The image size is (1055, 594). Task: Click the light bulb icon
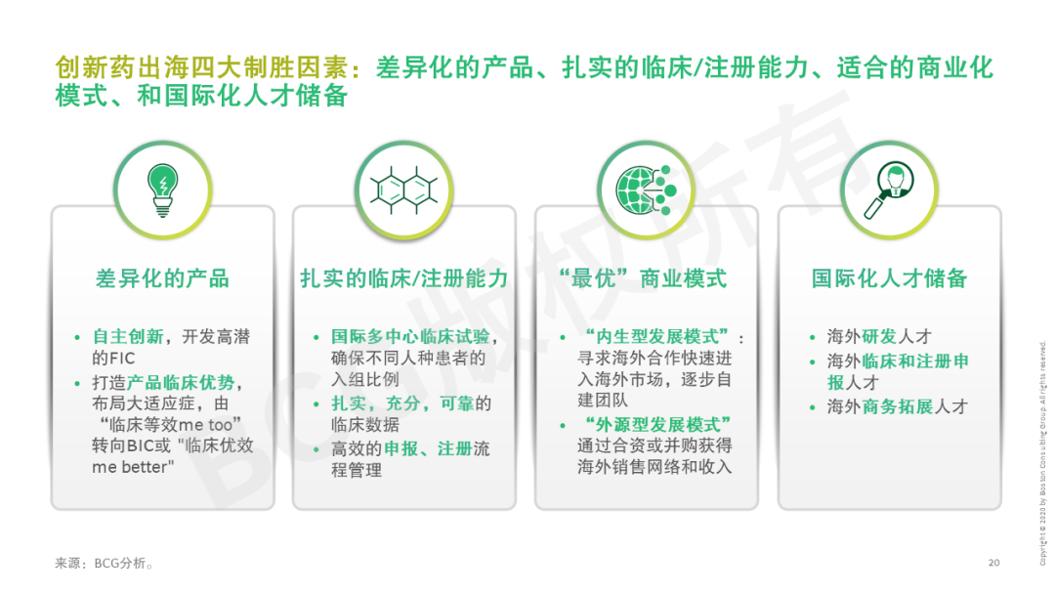click(163, 191)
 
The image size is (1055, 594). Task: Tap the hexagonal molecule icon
click(403, 191)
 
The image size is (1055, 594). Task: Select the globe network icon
click(647, 191)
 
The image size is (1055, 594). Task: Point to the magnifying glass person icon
click(889, 191)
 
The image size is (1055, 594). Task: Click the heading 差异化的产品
click(163, 278)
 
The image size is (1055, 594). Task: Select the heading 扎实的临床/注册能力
click(403, 278)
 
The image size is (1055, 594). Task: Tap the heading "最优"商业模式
click(643, 278)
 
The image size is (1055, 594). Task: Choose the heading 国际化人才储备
click(889, 278)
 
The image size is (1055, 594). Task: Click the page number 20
click(993, 563)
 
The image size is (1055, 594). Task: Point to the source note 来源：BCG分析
click(104, 563)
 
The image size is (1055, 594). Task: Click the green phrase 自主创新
click(128, 336)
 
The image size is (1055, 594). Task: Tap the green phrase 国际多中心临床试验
click(410, 336)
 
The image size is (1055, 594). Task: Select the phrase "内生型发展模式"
click(656, 336)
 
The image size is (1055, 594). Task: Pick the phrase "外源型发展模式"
click(655, 424)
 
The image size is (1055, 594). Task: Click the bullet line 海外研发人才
click(879, 336)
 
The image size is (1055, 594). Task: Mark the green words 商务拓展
click(898, 406)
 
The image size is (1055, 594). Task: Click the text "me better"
click(133, 467)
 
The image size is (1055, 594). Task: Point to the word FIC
click(122, 358)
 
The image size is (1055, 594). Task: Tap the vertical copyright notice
click(1042, 453)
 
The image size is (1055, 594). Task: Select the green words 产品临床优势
click(181, 382)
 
